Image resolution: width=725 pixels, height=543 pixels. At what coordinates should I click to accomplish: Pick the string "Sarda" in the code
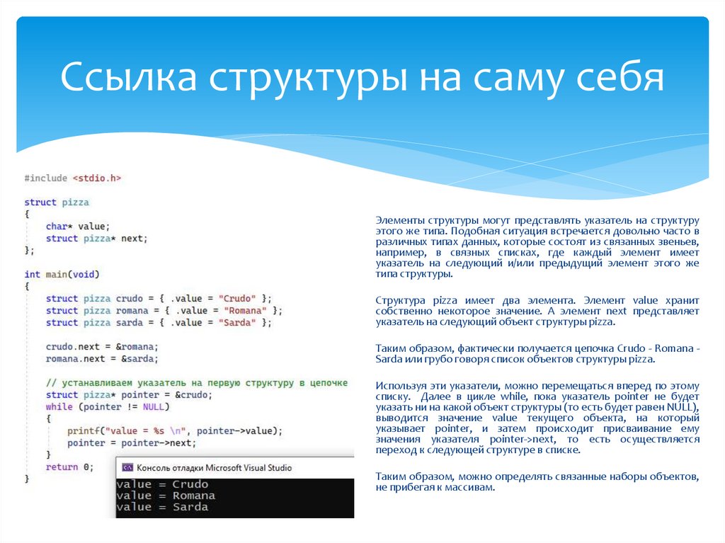[x=237, y=323]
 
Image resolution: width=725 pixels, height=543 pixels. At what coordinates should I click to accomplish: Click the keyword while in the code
[x=59, y=407]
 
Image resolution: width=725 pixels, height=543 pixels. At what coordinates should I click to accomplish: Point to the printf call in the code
[x=82, y=431]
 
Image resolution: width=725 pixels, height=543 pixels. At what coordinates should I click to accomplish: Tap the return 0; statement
[x=69, y=467]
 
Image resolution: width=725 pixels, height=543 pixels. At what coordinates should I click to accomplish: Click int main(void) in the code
[x=62, y=274]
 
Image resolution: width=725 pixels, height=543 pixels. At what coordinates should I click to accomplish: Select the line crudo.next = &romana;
[x=102, y=347]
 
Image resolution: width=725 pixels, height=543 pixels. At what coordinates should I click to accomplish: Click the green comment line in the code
[x=196, y=383]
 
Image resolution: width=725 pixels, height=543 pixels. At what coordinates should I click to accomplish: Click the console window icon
[x=127, y=468]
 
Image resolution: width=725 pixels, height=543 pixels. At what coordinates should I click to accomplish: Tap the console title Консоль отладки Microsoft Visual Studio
[x=214, y=468]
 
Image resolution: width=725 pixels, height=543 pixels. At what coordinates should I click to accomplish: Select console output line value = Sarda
[x=162, y=507]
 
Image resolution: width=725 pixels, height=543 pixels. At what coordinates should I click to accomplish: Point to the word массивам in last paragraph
[x=466, y=489]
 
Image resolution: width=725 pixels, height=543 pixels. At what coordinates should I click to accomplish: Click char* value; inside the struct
[x=78, y=227]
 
